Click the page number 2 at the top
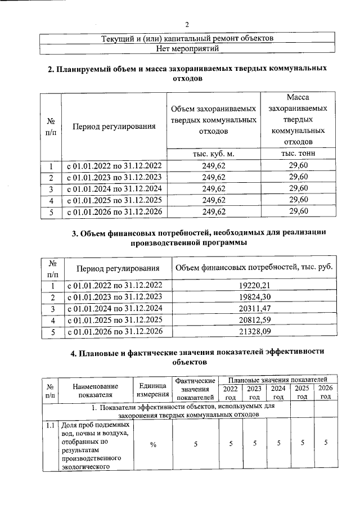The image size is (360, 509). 187,25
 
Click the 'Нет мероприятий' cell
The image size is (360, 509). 187,49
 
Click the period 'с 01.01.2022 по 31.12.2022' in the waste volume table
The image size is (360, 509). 114,166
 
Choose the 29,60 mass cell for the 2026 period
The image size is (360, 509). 298,211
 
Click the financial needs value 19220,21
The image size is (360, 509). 255,286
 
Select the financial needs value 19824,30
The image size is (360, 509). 255,297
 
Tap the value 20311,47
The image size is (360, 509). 255,309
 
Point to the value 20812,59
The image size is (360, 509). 255,320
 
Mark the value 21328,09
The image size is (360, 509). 255,332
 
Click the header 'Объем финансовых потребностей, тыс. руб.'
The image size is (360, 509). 255,268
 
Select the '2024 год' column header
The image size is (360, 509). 278,393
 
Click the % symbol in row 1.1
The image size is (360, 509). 153,445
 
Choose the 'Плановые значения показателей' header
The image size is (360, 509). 278,381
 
